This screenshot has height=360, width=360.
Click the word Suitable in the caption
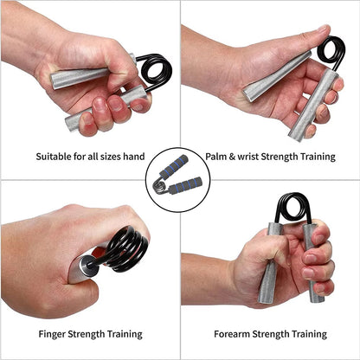(54, 157)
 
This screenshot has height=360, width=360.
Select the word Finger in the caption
(52, 334)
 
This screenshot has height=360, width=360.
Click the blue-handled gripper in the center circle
(179, 178)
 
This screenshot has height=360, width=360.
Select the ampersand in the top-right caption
(234, 157)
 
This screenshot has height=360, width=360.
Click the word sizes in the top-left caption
(115, 157)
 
